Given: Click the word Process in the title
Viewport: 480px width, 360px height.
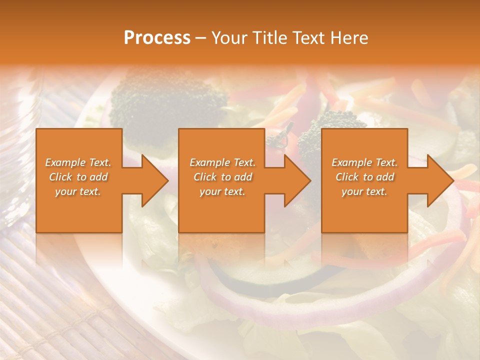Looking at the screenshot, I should click(157, 38).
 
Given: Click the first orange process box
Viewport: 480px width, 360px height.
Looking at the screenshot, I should click(79, 210).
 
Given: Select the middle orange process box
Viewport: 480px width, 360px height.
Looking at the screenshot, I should click(221, 210).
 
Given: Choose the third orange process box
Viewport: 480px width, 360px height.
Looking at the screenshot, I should click(364, 210).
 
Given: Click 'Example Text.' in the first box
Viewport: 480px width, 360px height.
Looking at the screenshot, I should click(78, 162).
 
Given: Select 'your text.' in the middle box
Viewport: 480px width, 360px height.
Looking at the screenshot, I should click(222, 191).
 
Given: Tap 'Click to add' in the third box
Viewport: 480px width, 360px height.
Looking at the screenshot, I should click(364, 177).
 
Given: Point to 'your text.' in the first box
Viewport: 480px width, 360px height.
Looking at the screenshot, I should click(78, 191).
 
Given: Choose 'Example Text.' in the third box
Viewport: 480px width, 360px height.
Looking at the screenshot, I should click(364, 162).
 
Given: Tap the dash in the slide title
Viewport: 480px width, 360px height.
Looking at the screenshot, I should click(201, 38).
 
